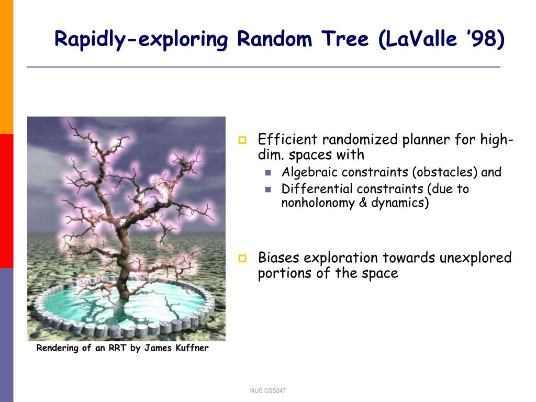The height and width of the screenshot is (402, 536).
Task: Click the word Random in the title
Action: coord(274,38)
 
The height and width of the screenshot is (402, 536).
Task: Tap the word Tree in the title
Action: coord(345,38)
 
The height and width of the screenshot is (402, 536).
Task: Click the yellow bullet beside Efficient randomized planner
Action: coord(242,140)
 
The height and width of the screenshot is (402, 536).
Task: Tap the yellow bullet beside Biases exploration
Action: coord(242,258)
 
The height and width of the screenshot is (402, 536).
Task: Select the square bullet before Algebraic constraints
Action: coord(268,173)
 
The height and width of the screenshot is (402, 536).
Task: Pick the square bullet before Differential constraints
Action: coord(268,189)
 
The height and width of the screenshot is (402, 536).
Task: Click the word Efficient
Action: coord(288,139)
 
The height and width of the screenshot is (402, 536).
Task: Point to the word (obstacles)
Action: coord(445,172)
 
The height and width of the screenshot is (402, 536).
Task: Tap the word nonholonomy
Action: coord(318,203)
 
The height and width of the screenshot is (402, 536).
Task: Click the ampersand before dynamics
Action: coord(363,203)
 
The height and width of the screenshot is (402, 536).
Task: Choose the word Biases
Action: coord(279,258)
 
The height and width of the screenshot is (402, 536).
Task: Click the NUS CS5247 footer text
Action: coord(267,390)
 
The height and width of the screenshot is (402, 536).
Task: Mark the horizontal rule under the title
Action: coord(264,67)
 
